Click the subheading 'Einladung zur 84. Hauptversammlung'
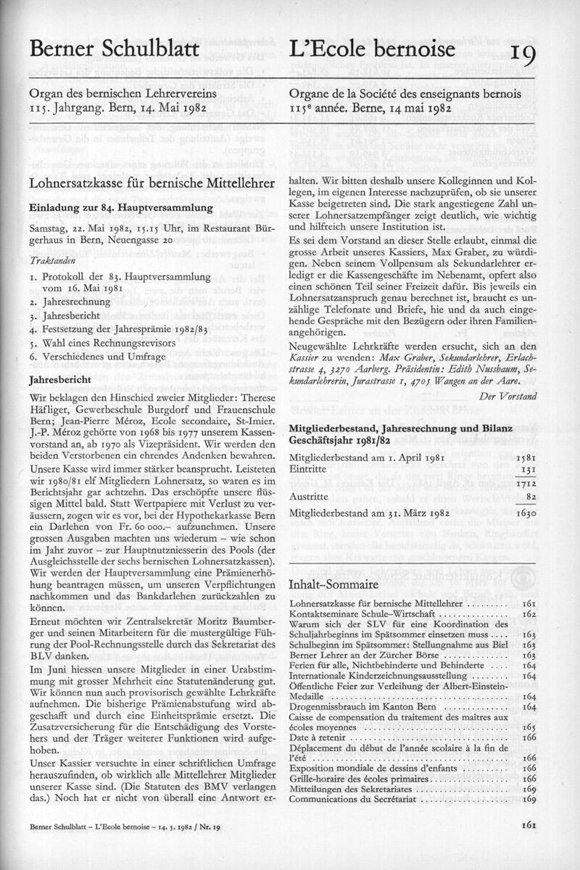pyautogui.click(x=120, y=208)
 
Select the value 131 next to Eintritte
pyautogui.click(x=526, y=470)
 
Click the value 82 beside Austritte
pyautogui.click(x=529, y=497)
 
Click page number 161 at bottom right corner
pyautogui.click(x=527, y=824)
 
